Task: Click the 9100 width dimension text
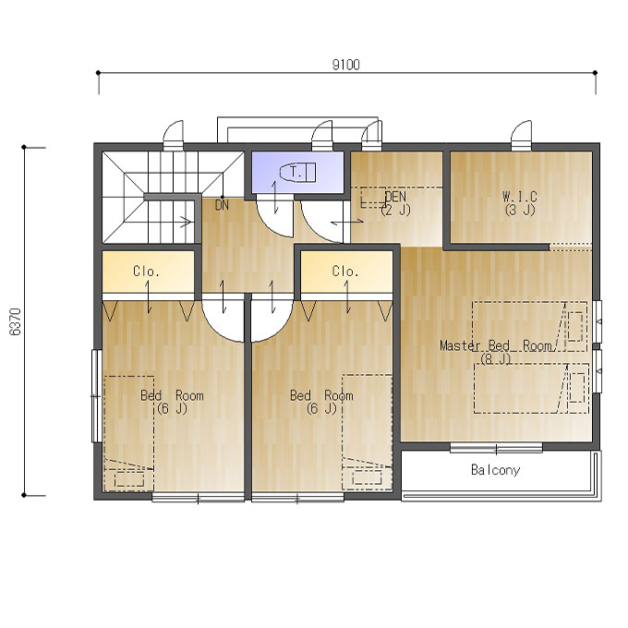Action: (x=346, y=65)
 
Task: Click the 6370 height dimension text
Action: (x=15, y=321)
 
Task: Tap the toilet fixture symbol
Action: (x=297, y=173)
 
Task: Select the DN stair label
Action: (x=222, y=205)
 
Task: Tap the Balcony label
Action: (x=495, y=469)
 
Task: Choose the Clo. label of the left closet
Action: (x=146, y=272)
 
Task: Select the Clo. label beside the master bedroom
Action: (x=345, y=272)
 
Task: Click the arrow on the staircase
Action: (x=186, y=222)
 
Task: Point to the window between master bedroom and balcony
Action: (x=496, y=448)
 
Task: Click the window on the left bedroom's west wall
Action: (x=97, y=395)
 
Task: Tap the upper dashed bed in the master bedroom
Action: (x=529, y=326)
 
